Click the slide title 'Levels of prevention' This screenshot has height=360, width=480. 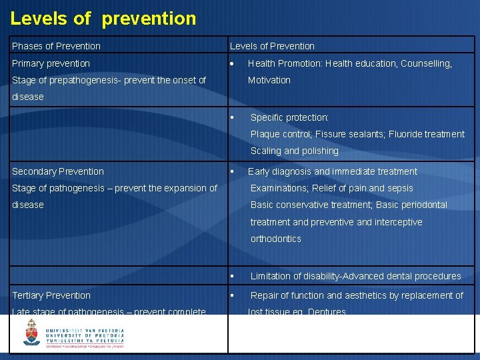coord(103,18)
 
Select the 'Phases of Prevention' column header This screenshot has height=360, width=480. coord(56,46)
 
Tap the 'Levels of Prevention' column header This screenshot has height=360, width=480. coord(272,46)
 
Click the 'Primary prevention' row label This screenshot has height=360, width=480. coord(51,63)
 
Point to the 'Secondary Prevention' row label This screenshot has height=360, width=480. coord(58,171)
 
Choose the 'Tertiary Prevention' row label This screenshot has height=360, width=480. coord(51,295)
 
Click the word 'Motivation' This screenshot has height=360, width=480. coord(269,80)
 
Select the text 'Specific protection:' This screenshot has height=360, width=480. coord(289,117)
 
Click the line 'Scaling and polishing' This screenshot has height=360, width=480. coord(294,151)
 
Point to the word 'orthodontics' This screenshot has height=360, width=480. coord(275,239)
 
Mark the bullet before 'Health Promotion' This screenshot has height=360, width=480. coord(232,64)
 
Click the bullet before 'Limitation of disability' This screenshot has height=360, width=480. coord(232,276)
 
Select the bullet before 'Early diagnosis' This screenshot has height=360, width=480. coord(232,171)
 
